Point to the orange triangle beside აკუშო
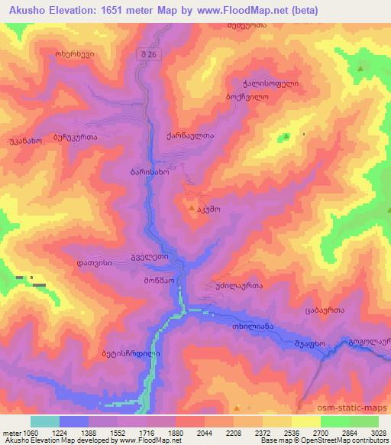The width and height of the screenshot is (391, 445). pos(191,206)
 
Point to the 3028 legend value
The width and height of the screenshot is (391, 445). pos(378,432)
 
